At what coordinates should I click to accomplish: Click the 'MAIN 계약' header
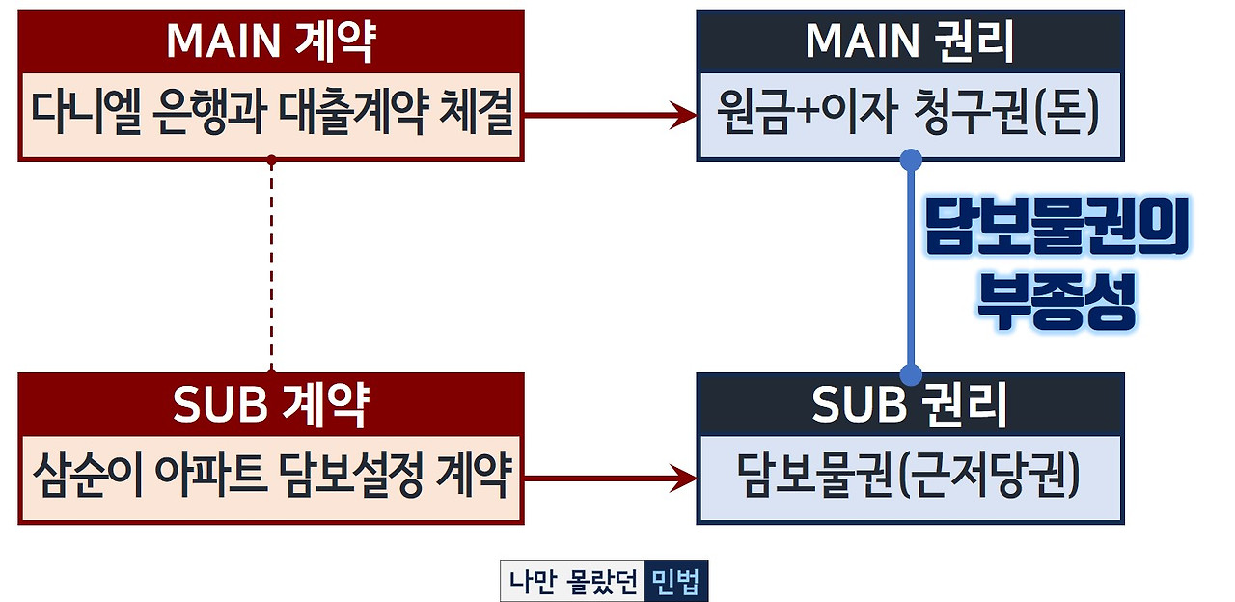[270, 41]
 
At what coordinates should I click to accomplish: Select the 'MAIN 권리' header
[909, 41]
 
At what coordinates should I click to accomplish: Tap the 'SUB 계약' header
[270, 405]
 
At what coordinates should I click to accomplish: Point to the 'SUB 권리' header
[909, 405]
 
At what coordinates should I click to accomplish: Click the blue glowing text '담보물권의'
[1056, 230]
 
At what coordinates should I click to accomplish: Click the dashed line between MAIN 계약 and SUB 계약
[272, 265]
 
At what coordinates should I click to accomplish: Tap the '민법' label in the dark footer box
[675, 582]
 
